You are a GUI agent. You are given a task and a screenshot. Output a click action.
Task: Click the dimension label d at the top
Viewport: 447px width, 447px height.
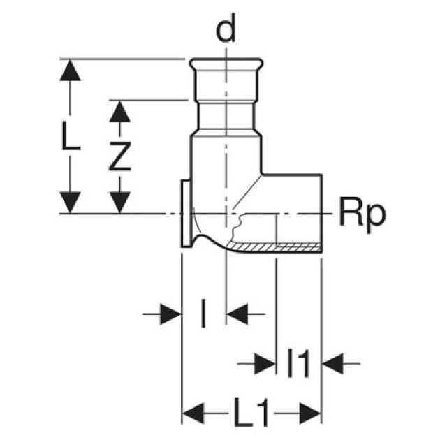[x=226, y=32]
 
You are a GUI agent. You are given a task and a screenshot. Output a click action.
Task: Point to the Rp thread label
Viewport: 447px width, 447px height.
[x=361, y=213]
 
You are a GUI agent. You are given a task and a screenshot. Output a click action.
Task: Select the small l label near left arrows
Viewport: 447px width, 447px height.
[x=203, y=315]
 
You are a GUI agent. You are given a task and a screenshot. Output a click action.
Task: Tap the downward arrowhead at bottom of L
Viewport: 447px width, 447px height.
[x=69, y=203]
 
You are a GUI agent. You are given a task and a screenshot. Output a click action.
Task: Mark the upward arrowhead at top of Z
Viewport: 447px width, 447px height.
[x=120, y=110]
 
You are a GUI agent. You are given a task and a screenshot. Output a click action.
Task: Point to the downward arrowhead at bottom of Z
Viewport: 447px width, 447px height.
[x=120, y=203]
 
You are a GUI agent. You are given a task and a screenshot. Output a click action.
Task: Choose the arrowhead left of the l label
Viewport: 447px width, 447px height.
[x=170, y=315]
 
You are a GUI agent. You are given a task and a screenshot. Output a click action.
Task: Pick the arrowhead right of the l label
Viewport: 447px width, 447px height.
[x=237, y=315]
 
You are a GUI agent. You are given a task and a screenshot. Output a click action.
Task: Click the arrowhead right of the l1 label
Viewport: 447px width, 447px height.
[x=332, y=363]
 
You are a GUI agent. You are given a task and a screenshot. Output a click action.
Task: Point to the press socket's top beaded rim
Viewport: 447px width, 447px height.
[x=226, y=65]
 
